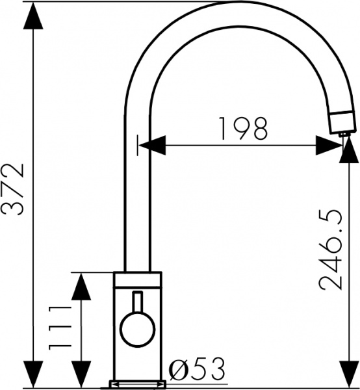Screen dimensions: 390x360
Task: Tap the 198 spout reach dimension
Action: coord(242,129)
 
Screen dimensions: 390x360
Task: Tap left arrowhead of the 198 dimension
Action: coord(152,144)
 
